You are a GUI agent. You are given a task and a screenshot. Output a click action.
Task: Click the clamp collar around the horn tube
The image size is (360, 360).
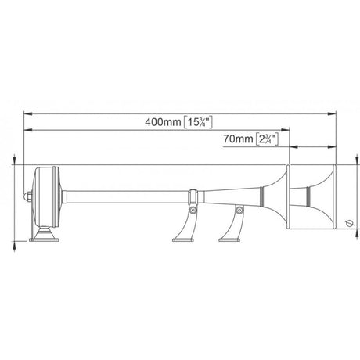(x=193, y=192)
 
